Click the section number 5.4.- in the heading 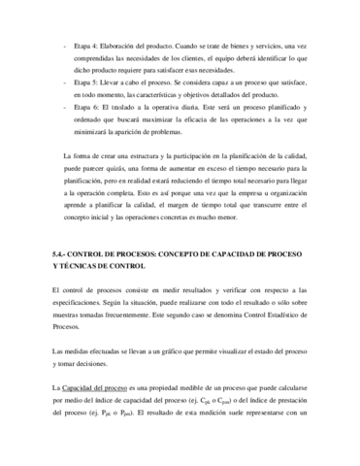[x=61, y=251]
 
